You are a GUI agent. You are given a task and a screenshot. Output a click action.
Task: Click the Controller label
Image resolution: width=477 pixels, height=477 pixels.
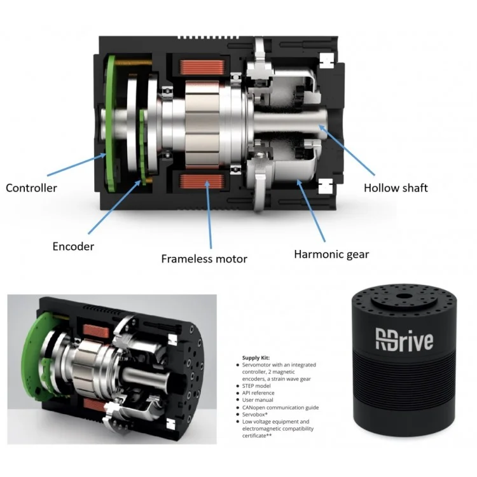pyautogui.click(x=31, y=188)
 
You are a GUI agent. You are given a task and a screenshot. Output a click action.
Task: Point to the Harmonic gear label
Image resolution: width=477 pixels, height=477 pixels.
pyautogui.click(x=331, y=254)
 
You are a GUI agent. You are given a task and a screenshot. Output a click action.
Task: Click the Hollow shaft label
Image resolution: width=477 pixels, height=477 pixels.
pyautogui.click(x=396, y=188)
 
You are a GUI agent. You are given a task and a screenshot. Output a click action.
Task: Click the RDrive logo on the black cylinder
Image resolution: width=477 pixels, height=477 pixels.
pyautogui.click(x=404, y=338)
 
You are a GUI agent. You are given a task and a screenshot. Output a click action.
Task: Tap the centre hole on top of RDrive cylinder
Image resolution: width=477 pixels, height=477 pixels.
pyautogui.click(x=404, y=296)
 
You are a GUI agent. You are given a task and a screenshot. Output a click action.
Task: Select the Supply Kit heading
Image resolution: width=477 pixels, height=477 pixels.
pyautogui.click(x=256, y=358)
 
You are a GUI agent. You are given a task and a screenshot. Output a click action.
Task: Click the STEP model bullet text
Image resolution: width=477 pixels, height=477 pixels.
pyautogui.click(x=261, y=385)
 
